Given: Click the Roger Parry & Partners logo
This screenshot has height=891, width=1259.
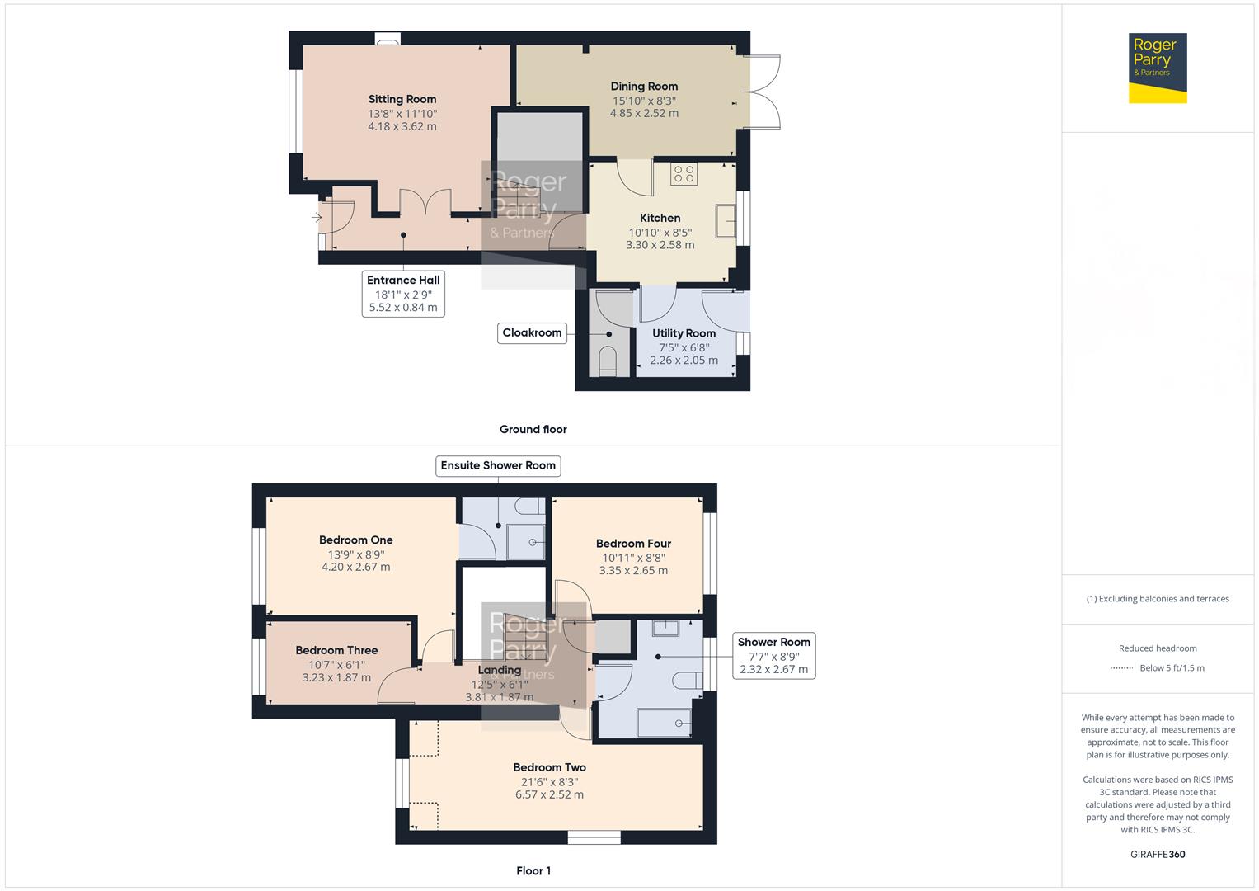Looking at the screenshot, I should click(x=1157, y=68).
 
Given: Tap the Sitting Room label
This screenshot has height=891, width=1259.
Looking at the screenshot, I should click(x=402, y=99).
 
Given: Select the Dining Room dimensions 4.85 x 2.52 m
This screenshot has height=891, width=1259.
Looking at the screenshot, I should click(x=644, y=114).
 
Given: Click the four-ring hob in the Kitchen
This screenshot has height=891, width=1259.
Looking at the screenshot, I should click(x=684, y=174).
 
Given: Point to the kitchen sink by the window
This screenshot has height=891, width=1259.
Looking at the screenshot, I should click(x=726, y=221).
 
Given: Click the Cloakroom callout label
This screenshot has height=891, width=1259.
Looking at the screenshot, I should click(x=532, y=332).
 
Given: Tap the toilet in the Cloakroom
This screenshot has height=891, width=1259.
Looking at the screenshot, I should click(x=608, y=361).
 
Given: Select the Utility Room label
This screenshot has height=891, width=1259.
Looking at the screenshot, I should click(x=684, y=333).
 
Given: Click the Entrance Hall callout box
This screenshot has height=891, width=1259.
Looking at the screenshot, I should click(x=403, y=294).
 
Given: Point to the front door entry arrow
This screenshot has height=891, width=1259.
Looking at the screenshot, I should click(x=317, y=218).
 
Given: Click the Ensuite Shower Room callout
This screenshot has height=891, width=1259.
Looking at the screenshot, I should click(x=498, y=465).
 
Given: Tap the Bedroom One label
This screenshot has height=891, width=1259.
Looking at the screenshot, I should click(x=356, y=540).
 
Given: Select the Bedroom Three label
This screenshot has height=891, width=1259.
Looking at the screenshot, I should click(x=336, y=650).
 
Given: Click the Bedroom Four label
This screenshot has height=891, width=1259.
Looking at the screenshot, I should click(x=633, y=544).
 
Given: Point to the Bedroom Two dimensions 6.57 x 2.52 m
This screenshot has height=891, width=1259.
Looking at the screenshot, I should click(x=549, y=795).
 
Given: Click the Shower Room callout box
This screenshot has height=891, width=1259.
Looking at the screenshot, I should click(x=773, y=655).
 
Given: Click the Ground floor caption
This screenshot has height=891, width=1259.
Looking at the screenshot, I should click(x=533, y=429).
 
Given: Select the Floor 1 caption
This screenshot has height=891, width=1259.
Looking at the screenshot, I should click(x=533, y=870).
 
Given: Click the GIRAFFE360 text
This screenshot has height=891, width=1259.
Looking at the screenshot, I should click(x=1158, y=854).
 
